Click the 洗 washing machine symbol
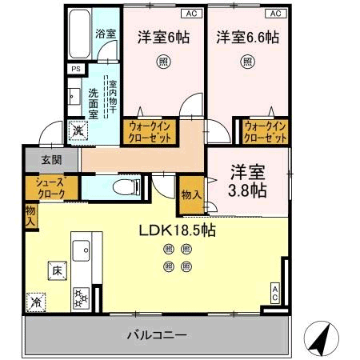[x=78, y=130]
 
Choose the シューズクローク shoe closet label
[x=50, y=187]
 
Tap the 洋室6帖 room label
[x=162, y=36]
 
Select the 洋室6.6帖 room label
[x=247, y=36]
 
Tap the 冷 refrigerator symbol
[x=36, y=302]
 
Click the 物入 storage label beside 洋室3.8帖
[x=191, y=194]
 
